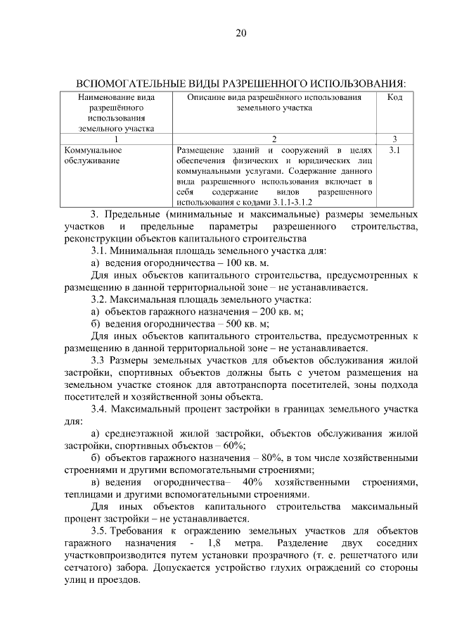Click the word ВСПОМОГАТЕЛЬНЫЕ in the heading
click(x=130, y=83)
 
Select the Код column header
click(x=394, y=97)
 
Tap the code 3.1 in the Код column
click(x=394, y=150)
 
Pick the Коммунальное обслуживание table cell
click(x=93, y=155)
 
